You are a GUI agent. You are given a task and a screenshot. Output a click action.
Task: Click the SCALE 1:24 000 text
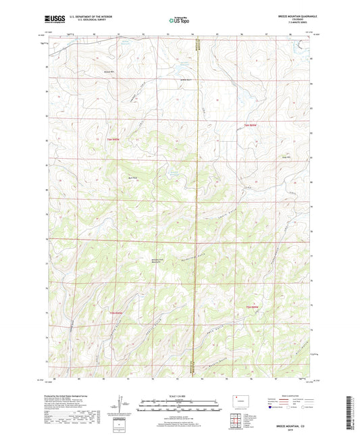coord(180,395)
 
